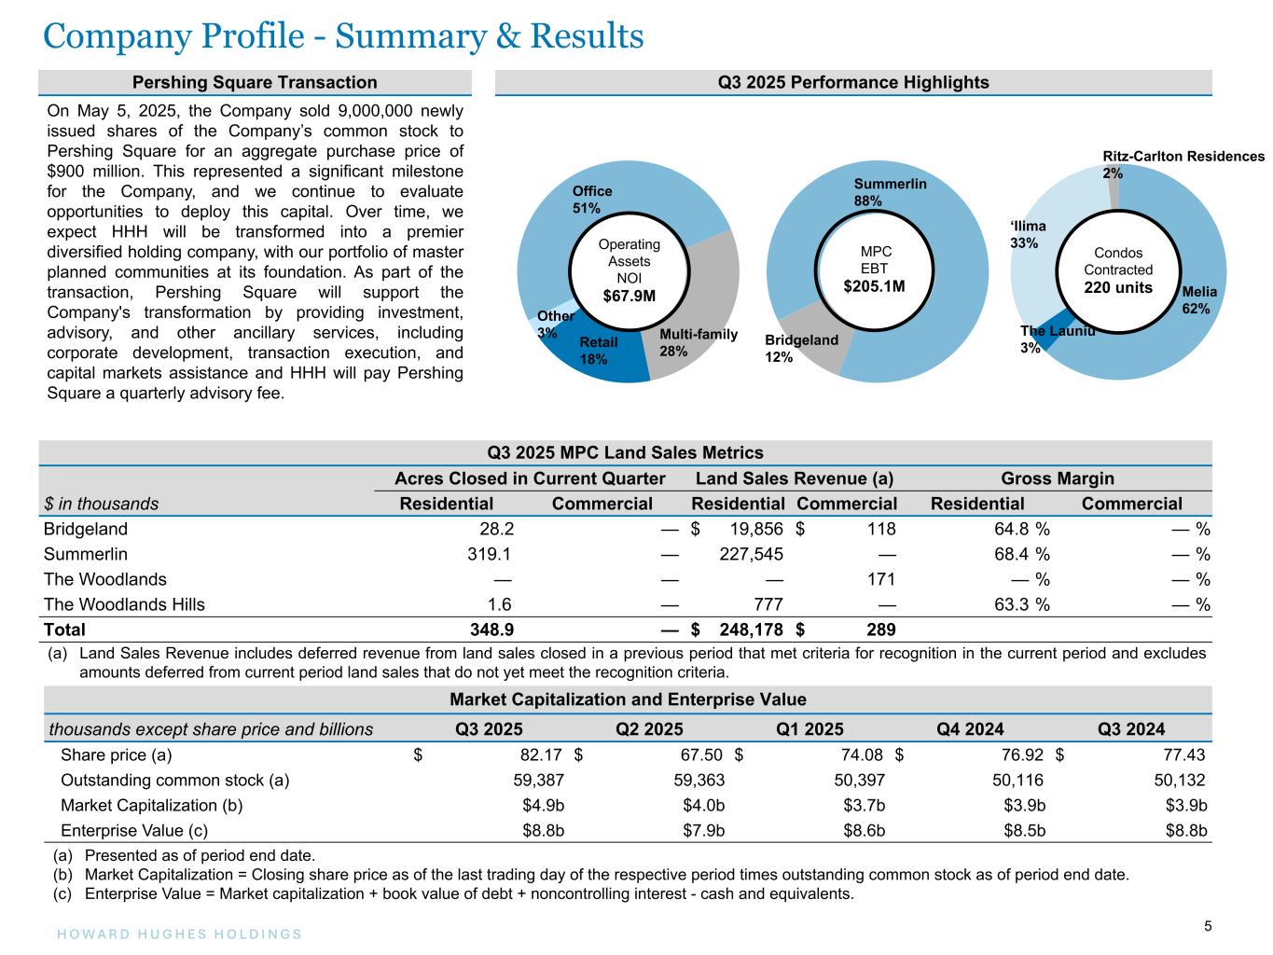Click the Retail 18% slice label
[x=599, y=351]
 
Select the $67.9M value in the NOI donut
[x=629, y=297]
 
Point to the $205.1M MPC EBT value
[x=874, y=285]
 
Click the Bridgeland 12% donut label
[x=801, y=348]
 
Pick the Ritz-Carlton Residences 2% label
[x=1183, y=164]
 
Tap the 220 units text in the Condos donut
[x=1117, y=287]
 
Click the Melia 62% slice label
[x=1198, y=300]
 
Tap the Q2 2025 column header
[x=650, y=729]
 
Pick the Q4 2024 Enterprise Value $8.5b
[x=1024, y=830]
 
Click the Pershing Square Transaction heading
[x=255, y=82]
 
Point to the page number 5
[x=1208, y=926]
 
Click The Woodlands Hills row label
[x=124, y=604]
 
